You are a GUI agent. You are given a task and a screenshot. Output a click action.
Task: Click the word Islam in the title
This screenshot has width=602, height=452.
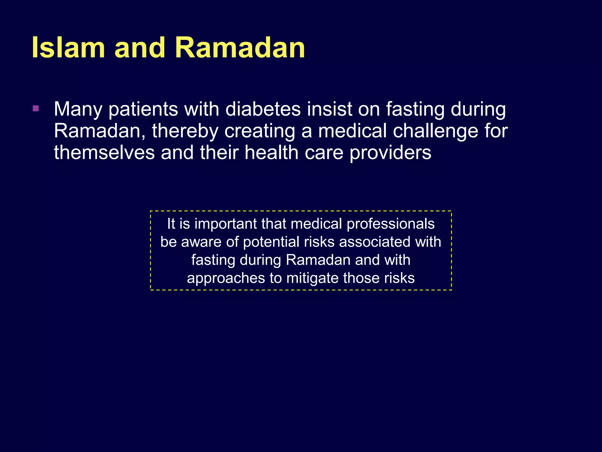68,48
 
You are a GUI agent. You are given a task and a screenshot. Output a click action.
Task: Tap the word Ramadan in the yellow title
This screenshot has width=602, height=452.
240,48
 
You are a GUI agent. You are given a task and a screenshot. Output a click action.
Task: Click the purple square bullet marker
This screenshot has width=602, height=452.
36,109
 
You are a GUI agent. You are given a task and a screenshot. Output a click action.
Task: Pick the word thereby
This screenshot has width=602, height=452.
185,131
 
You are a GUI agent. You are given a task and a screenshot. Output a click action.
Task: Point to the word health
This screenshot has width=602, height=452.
271,153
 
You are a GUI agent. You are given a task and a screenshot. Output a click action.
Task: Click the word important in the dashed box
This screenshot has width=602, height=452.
226,224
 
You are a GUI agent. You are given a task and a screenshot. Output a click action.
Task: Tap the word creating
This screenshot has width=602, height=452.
260,131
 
